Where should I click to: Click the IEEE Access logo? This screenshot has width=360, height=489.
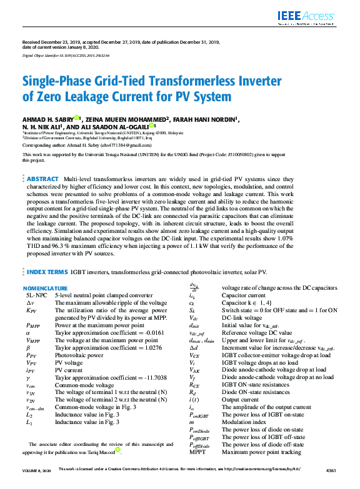[x=306, y=17]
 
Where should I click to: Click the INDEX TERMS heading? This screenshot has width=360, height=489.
[x=47, y=272]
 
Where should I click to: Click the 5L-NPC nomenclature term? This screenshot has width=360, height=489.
[x=36, y=294]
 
